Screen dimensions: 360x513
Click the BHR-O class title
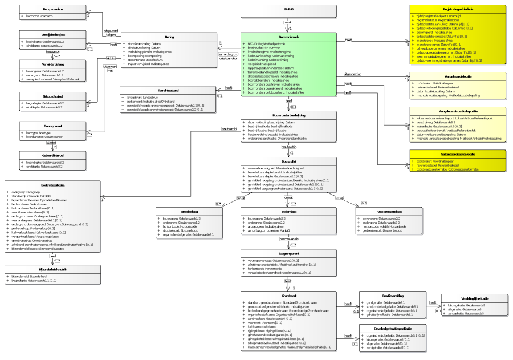pos(290,10)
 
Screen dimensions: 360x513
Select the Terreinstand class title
pos(169,90)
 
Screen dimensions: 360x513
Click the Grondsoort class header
pos(290,295)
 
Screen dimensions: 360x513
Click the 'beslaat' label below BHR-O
pos(287,22)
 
